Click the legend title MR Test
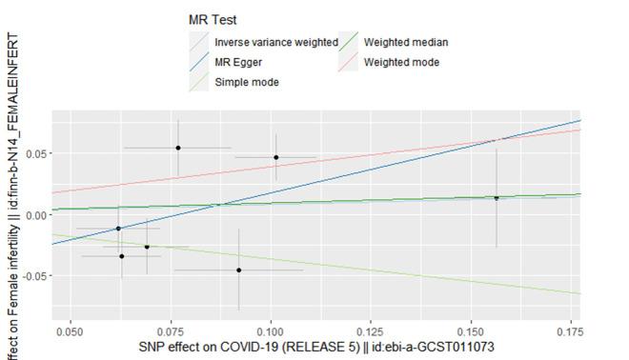[x=213, y=20]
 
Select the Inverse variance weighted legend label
[x=276, y=43]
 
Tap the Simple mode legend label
[x=247, y=82]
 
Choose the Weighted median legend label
[x=405, y=43]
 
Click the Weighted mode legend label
[x=401, y=62]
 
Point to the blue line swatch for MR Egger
[x=199, y=62]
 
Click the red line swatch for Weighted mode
[x=348, y=62]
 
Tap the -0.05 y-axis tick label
[x=31, y=276]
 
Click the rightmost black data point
[x=497, y=198]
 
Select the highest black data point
[x=178, y=148]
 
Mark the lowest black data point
[x=238, y=270]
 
